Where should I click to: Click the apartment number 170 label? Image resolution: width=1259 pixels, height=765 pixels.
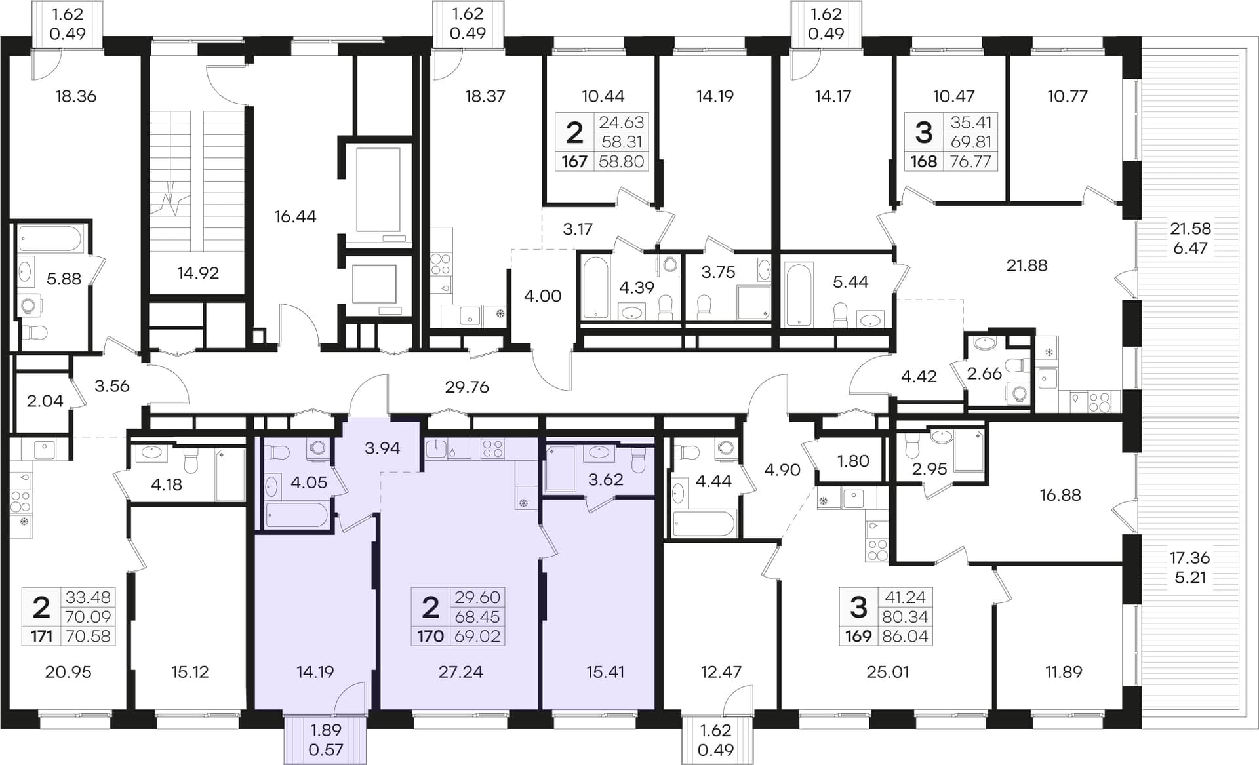(x=430, y=636)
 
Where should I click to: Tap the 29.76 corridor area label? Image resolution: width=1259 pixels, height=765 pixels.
(x=467, y=387)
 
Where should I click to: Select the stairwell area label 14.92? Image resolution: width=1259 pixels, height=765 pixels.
(x=198, y=273)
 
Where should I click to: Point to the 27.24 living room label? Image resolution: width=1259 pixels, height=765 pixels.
(x=460, y=672)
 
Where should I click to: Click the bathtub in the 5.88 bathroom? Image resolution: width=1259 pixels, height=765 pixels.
(x=50, y=239)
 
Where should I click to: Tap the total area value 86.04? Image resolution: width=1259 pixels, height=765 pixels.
(x=905, y=636)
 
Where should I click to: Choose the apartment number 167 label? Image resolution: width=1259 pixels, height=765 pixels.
(x=574, y=161)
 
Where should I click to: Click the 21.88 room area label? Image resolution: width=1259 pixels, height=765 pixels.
(x=1027, y=265)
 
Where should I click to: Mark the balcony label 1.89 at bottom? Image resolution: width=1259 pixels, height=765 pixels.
(x=326, y=730)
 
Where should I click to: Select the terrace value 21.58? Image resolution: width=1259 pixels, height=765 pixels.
(x=1190, y=229)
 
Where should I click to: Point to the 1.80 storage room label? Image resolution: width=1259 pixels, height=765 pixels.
(x=853, y=461)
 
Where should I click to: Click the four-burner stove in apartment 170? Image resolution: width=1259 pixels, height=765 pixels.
(x=492, y=448)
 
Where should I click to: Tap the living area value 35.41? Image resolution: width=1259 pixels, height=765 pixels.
(x=970, y=123)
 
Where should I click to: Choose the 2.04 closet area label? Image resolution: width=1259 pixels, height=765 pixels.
(x=45, y=401)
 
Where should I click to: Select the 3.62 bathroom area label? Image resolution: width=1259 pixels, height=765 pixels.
(x=605, y=480)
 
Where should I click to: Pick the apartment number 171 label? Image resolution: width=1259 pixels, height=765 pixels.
(x=41, y=636)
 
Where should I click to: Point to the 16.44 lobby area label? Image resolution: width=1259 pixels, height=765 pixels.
(x=295, y=216)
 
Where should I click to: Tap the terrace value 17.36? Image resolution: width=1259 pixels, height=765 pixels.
(x=1189, y=558)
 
